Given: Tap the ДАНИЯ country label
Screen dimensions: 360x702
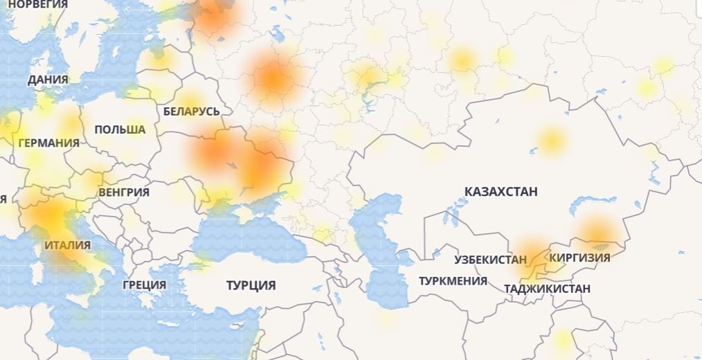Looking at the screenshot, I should click(x=48, y=80).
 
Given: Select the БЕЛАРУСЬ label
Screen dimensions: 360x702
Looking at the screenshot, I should click(x=192, y=111).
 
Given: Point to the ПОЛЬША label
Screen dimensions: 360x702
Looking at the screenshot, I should click(x=120, y=129).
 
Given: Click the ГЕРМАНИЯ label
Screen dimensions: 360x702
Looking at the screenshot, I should click(x=48, y=143).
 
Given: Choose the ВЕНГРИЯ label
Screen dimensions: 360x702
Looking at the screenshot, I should click(x=124, y=192).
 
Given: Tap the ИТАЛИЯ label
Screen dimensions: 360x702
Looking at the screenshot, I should click(x=67, y=245).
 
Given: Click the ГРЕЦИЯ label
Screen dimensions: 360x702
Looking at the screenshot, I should click(x=144, y=285).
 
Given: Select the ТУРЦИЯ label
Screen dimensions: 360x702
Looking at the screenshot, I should click(x=251, y=285).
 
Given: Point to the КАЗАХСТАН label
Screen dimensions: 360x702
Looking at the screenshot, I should click(x=501, y=192).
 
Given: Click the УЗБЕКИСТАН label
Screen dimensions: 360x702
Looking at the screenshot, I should click(x=490, y=260).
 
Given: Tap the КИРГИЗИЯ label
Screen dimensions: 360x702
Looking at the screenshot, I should click(x=579, y=258).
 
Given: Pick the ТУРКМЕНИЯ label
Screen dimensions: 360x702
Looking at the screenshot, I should click(x=453, y=281).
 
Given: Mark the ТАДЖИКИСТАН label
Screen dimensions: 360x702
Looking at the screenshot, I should click(x=548, y=289).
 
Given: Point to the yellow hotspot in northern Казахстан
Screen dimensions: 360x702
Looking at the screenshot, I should click(x=551, y=141).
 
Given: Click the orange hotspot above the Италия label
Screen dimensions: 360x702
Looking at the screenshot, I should click(x=50, y=215).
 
